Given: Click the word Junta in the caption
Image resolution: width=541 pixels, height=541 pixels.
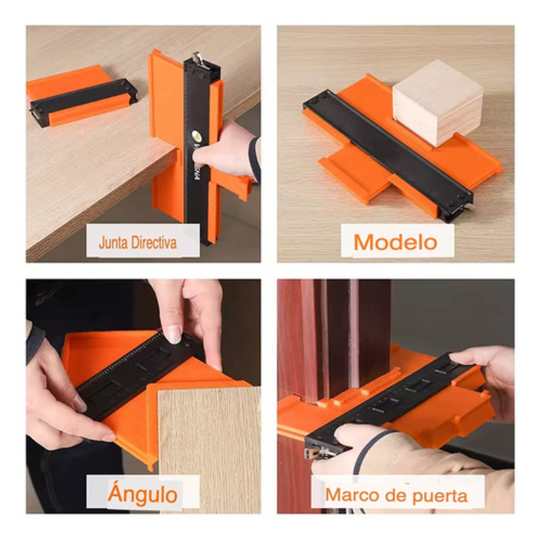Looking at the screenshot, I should (115, 243).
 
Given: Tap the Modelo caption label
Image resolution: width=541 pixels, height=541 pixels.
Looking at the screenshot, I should (396, 242).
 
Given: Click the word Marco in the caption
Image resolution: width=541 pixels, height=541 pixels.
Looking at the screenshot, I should (349, 495).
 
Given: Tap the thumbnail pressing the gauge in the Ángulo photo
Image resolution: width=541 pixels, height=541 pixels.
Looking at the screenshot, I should (174, 335).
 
